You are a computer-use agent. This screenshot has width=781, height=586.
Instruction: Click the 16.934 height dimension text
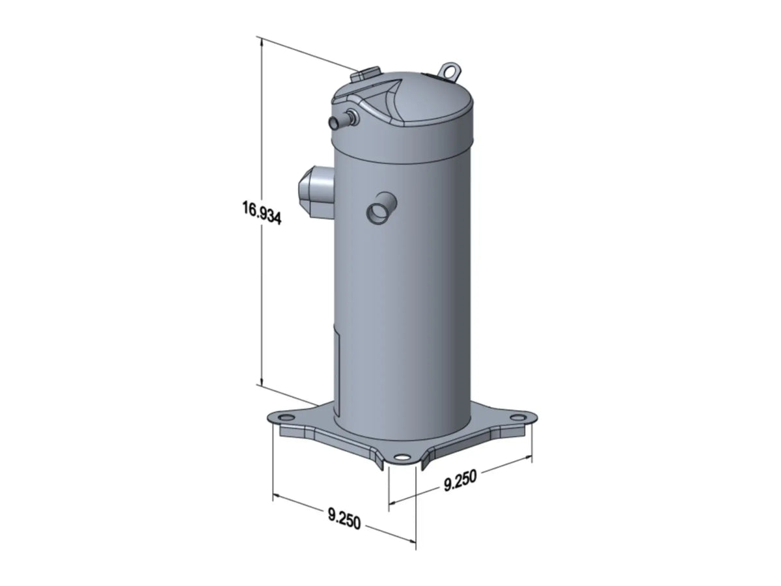tap(262, 213)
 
